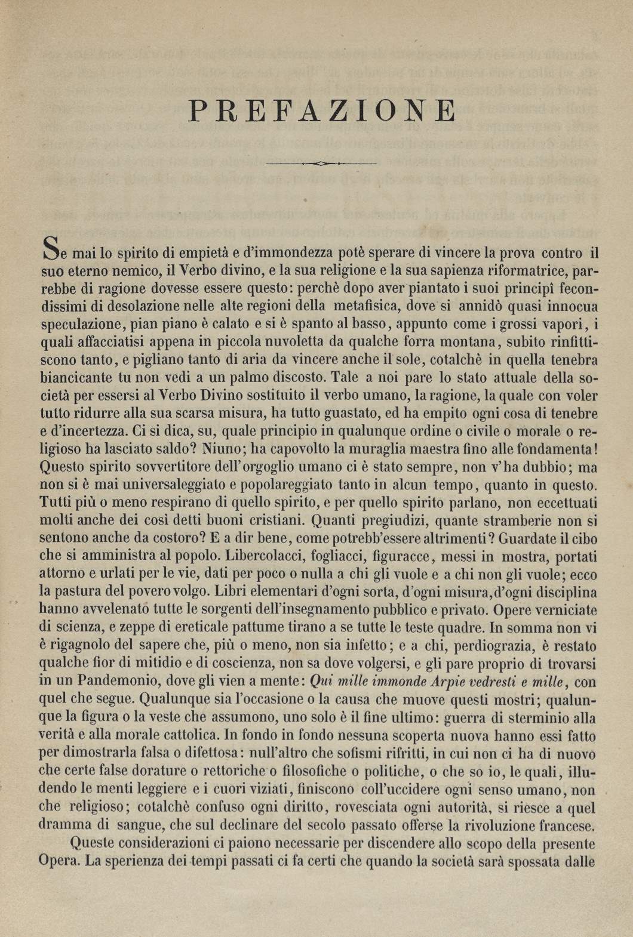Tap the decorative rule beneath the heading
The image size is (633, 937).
click(x=321, y=163)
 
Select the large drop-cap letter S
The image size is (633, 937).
click(x=51, y=249)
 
